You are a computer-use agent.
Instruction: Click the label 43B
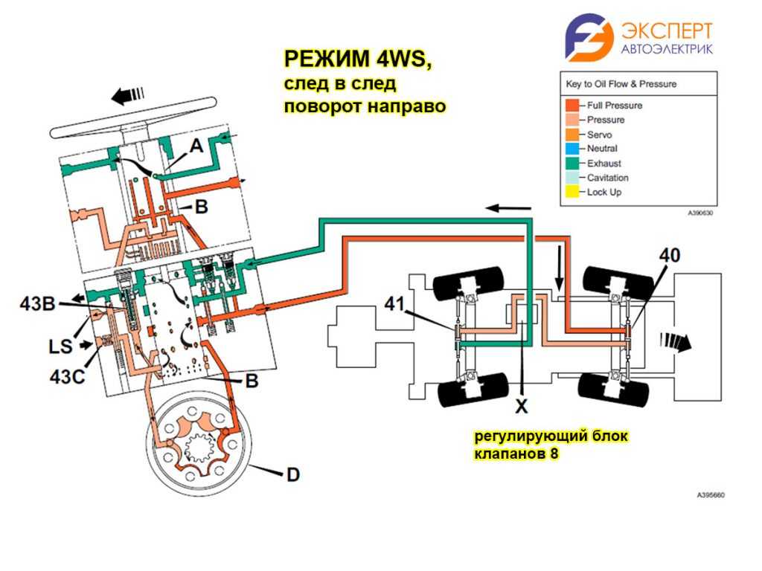click(x=39, y=303)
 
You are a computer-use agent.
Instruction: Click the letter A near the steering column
click(x=196, y=146)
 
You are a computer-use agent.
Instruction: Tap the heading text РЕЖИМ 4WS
click(x=357, y=59)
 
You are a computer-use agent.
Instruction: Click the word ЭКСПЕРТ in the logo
click(x=666, y=30)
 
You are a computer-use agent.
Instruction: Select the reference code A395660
click(x=711, y=494)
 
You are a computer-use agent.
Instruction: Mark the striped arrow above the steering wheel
click(x=127, y=94)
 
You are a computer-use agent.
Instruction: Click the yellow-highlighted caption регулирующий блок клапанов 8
click(x=553, y=443)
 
